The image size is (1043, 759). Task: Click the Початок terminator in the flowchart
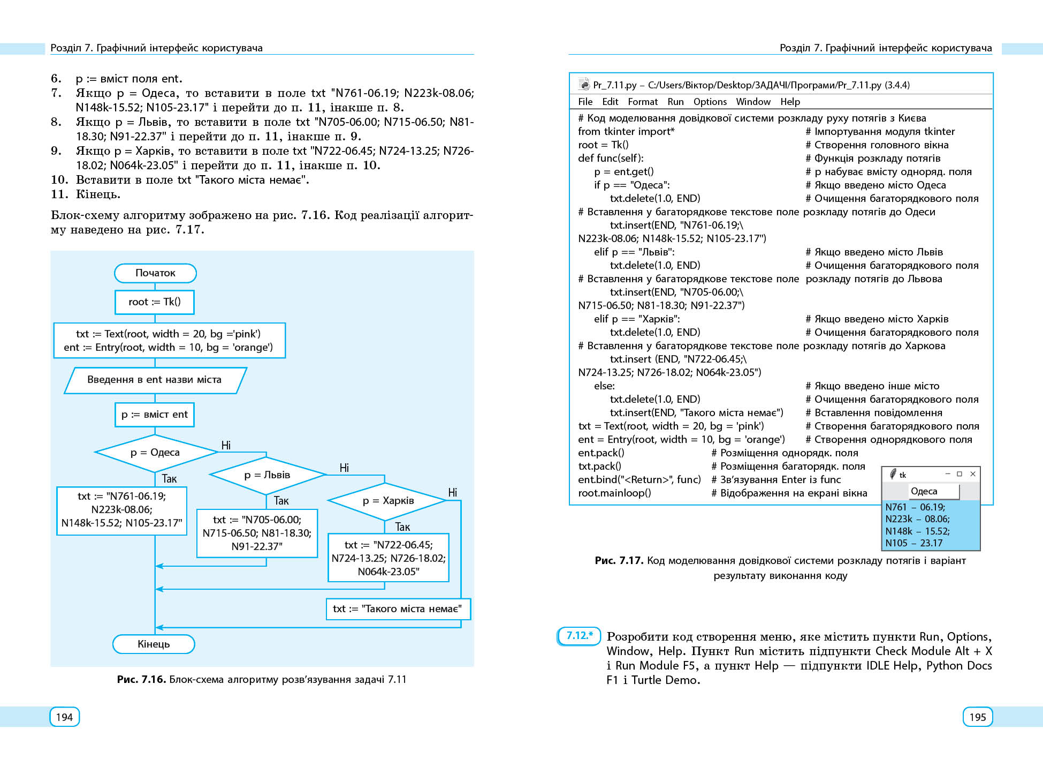click(x=155, y=273)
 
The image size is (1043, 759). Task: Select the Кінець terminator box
click(x=154, y=644)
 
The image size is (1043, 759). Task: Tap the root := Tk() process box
click(x=154, y=302)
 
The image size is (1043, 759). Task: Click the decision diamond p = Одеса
click(x=155, y=453)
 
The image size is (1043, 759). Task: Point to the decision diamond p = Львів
click(x=267, y=475)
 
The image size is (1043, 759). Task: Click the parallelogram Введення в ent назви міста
click(x=155, y=380)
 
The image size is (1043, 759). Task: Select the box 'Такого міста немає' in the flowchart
click(x=398, y=609)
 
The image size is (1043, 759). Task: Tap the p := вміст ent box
click(x=154, y=415)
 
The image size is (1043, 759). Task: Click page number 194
click(x=64, y=717)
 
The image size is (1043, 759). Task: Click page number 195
click(x=977, y=717)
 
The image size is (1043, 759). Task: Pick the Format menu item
click(x=642, y=102)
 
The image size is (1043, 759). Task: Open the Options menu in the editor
click(x=710, y=102)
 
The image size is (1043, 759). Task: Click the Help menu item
click(x=790, y=102)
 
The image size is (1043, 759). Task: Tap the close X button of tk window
click(x=973, y=474)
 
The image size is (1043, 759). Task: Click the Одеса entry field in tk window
click(x=933, y=491)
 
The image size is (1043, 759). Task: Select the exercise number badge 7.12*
click(x=579, y=636)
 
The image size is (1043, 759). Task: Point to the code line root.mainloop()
click(x=614, y=493)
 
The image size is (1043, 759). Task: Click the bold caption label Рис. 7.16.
click(x=141, y=680)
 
